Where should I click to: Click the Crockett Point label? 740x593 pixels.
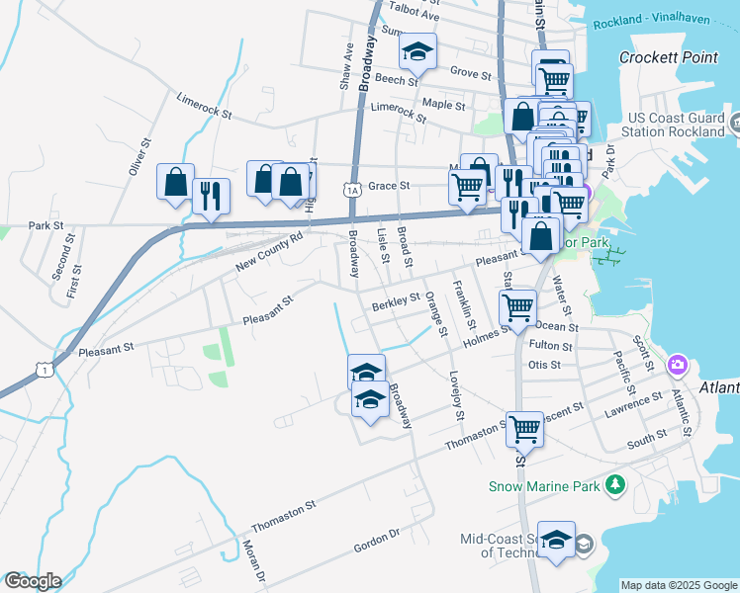pos(668,57)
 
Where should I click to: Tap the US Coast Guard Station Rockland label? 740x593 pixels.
pos(677,125)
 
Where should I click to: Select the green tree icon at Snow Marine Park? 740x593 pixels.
pos(615,484)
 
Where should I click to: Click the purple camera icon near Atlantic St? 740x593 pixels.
pos(677,365)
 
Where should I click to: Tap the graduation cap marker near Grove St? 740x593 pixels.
pos(418,54)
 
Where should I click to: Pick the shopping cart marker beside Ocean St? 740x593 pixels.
pos(517,307)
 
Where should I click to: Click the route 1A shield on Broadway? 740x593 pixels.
pos(352,189)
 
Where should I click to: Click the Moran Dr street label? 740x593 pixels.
pos(251,561)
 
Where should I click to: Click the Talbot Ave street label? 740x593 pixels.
pos(415,15)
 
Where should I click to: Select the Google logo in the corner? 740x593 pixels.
pos(32,581)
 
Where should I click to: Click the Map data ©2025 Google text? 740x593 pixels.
pos(679,585)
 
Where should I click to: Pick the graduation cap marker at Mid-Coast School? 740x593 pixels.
pos(556,541)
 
